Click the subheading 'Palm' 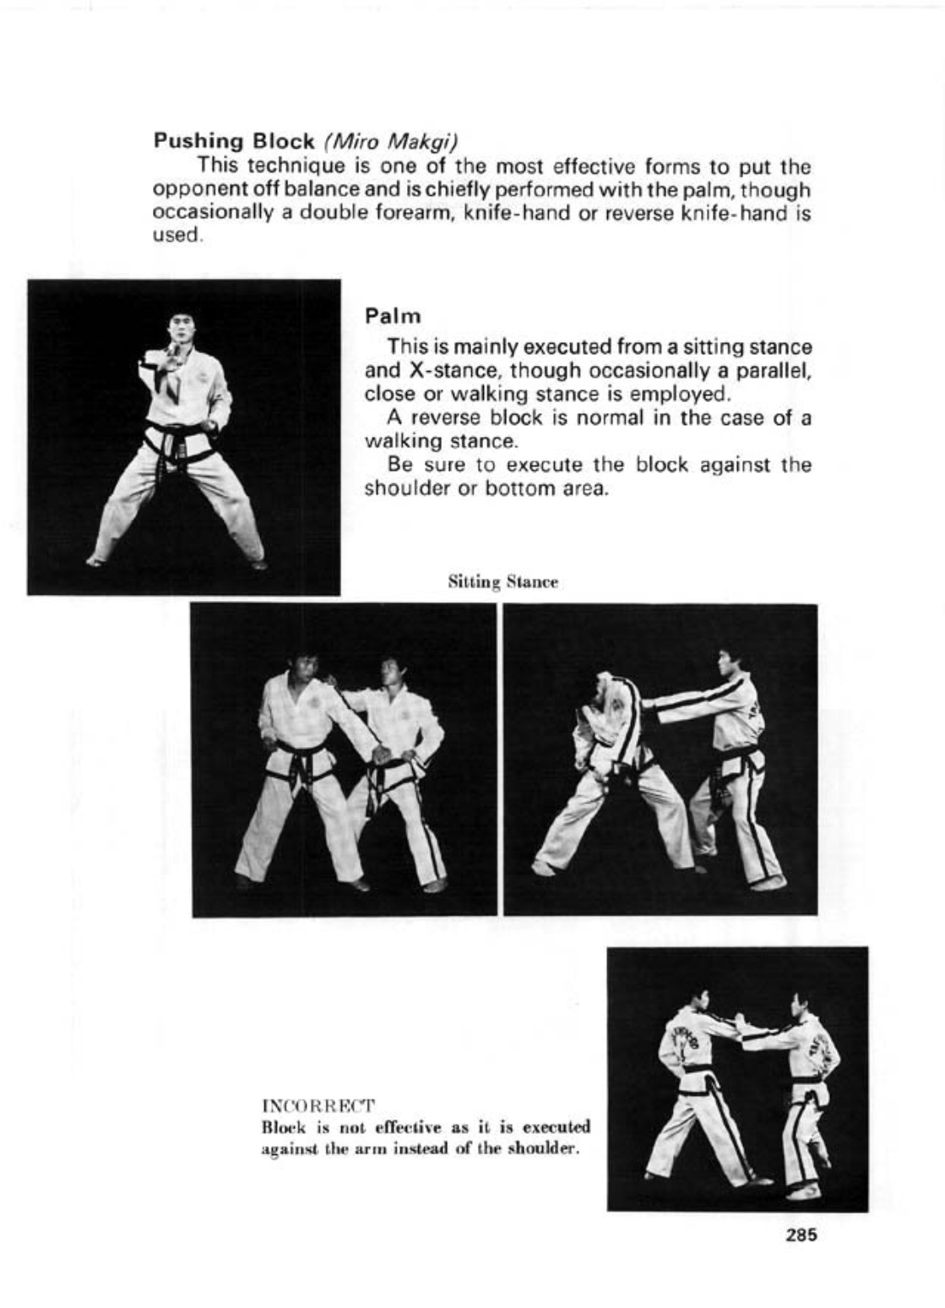[393, 316]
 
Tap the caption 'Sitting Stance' [502, 583]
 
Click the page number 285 [801, 1234]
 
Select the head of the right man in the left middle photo [389, 672]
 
